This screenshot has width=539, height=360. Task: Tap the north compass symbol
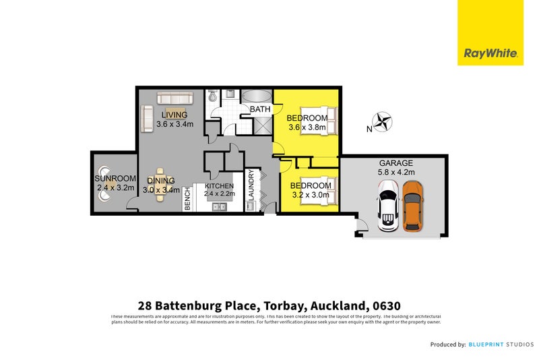384,123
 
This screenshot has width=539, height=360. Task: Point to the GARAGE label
395,163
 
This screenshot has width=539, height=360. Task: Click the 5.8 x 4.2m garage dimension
395,173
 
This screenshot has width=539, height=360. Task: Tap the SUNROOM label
115,179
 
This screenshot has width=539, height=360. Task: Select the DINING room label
162,181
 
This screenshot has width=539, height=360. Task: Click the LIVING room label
174,115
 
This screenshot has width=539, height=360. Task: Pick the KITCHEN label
220,186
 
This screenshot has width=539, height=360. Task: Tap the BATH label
260,109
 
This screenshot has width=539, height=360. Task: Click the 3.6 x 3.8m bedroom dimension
307,127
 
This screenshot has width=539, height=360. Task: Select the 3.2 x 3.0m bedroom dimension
311,196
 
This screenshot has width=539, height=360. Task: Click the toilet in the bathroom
214,98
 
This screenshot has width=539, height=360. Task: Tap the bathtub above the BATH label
256,95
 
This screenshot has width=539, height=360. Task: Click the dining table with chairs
160,185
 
